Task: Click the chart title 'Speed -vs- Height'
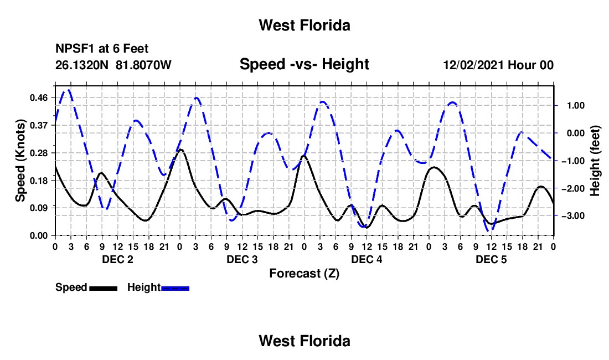304,64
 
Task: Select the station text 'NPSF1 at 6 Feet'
102,49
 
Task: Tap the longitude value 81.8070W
143,65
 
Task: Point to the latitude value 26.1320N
82,65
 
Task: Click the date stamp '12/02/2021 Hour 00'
498,65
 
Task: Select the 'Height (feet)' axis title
595,161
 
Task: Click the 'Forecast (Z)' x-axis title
304,274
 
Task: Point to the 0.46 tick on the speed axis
39,97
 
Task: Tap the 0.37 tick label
39,125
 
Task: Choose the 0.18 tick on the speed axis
39,181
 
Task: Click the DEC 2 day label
118,259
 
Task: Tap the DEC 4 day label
367,259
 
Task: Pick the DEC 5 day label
491,259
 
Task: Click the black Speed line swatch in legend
104,288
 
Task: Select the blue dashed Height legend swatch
175,288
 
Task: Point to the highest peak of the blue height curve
69,90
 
